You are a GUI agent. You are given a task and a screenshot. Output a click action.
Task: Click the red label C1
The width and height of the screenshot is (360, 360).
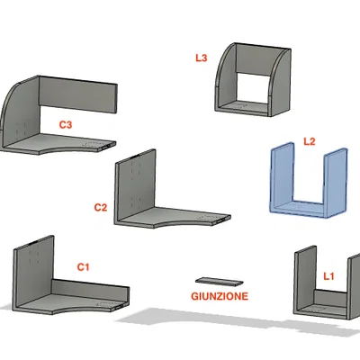point(83,266)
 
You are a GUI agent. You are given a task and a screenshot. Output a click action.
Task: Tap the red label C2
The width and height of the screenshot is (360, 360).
point(101,207)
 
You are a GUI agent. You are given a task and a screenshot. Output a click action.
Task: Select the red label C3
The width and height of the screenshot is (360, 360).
point(66,124)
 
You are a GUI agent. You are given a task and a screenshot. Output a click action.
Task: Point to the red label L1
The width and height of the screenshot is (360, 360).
point(328,276)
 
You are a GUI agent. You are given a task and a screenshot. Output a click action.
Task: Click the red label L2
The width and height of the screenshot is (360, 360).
point(310,141)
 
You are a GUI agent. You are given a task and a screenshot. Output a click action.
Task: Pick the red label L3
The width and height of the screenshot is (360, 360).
point(202,58)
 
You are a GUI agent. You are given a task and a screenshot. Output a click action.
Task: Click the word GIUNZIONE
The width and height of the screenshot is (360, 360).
point(220,296)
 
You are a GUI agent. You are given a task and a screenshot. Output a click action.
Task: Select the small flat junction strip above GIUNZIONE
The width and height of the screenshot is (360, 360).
point(219,281)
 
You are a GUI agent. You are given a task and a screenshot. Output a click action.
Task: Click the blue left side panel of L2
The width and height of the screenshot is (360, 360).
point(283,177)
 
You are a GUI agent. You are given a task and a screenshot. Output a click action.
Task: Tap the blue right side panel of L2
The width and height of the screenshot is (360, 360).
point(336,183)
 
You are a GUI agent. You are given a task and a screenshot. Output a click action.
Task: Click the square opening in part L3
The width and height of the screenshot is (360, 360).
point(252,88)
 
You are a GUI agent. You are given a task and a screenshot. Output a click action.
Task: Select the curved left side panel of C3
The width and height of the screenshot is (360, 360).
point(20,114)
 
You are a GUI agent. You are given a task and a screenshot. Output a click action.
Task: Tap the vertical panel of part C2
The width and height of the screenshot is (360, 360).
point(136,186)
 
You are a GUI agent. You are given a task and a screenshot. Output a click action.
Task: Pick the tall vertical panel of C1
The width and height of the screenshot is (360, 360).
point(33,272)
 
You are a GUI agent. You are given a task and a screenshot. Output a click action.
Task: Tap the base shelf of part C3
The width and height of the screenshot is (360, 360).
point(60,143)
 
